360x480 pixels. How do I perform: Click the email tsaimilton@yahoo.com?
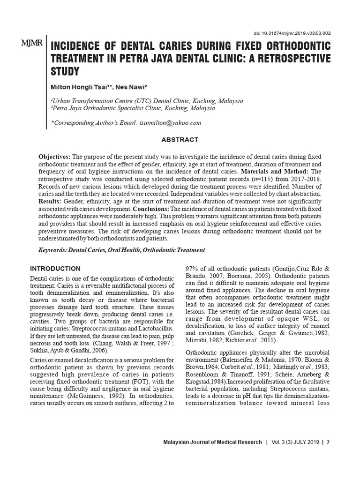[170, 123]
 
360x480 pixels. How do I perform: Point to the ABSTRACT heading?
[180, 140]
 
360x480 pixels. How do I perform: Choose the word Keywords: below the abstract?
[52, 250]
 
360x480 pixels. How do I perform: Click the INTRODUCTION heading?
[55, 269]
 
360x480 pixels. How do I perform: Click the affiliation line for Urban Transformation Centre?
[146, 101]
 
